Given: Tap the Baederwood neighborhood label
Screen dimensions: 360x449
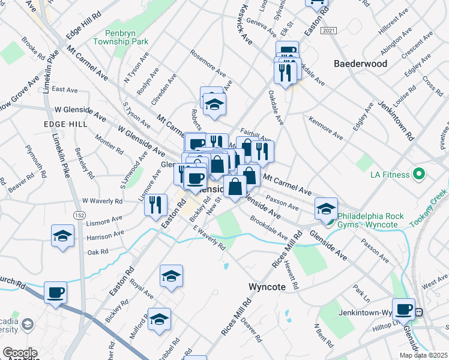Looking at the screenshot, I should click(360, 63).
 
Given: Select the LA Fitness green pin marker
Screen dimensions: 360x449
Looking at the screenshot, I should click(419, 175).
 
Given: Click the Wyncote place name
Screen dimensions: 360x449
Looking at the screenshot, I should click(267, 287).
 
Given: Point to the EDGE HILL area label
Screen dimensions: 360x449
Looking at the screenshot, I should click(65, 124).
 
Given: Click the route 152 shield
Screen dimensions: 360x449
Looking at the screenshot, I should click(79, 214).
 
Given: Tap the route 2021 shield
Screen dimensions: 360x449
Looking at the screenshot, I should click(328, 30).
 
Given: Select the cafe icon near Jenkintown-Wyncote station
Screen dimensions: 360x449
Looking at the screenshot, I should click(404, 308).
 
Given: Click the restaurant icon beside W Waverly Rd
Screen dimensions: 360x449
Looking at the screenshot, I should click(155, 204).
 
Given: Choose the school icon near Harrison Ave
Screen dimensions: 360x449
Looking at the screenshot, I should click(63, 236).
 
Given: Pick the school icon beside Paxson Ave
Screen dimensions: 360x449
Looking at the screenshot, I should click(325, 208).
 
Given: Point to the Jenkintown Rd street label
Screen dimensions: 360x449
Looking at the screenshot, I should click(396, 121).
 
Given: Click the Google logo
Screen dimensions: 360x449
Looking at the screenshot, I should click(20, 353).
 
